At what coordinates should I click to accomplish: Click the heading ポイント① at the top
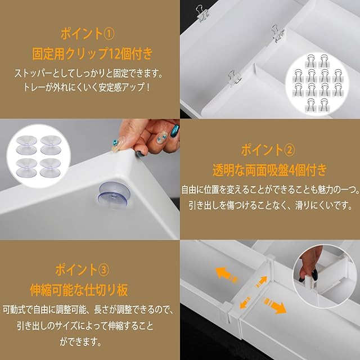[88, 34]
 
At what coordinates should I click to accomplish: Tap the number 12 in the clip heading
[115, 54]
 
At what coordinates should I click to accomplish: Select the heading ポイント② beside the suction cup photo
[268, 150]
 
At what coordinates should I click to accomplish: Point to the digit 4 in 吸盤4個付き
[292, 170]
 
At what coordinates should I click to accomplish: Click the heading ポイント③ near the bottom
[82, 270]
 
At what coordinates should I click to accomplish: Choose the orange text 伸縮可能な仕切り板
[79, 290]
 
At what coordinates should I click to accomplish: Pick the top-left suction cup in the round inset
[26, 145]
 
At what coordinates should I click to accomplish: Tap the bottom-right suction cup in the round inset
[50, 168]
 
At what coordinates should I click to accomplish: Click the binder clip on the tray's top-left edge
[202, 13]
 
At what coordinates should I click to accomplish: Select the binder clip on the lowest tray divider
[235, 78]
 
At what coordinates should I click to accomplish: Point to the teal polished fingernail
[175, 132]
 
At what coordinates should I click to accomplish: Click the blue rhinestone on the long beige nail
[114, 142]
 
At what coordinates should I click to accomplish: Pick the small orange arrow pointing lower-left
[246, 303]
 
